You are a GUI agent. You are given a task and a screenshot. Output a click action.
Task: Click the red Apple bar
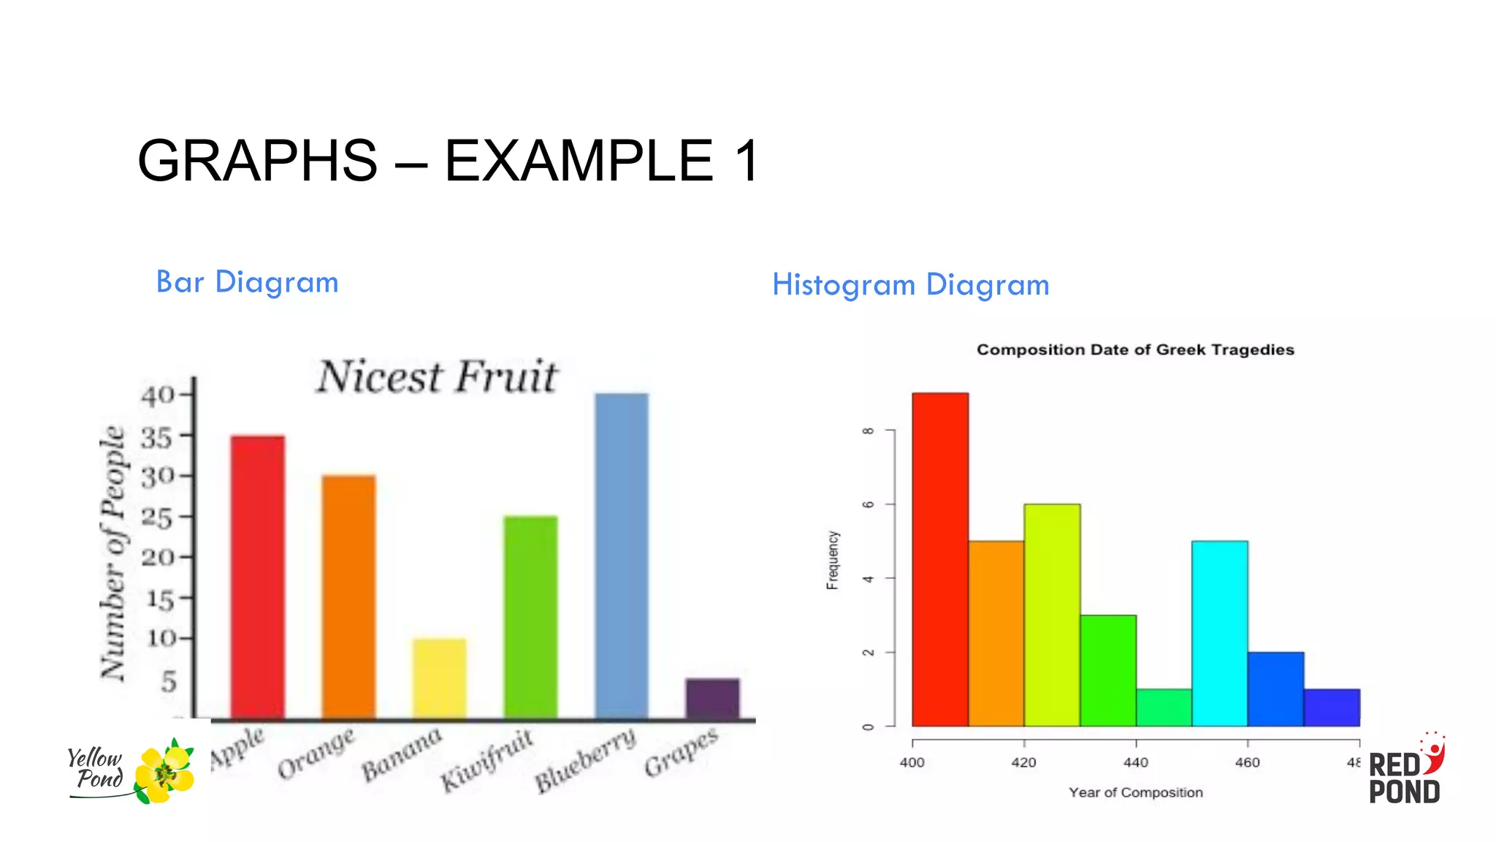click(x=258, y=577)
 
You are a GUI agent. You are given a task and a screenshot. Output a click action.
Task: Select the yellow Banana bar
click(x=439, y=678)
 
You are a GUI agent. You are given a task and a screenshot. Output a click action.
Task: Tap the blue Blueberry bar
click(x=622, y=555)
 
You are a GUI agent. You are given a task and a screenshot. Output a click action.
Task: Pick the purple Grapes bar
click(x=712, y=699)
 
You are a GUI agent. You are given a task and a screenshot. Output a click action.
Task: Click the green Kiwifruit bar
click(x=530, y=617)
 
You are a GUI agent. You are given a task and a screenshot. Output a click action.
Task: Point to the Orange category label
click(x=316, y=753)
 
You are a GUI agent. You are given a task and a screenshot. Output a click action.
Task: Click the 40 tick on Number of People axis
click(x=158, y=395)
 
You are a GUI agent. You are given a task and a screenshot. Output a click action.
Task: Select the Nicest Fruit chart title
click(x=437, y=377)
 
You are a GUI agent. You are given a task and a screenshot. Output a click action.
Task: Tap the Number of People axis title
click(x=112, y=553)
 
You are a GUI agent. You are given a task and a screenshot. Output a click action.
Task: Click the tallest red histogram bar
click(x=940, y=559)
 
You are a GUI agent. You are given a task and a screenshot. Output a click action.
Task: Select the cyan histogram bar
click(x=1219, y=633)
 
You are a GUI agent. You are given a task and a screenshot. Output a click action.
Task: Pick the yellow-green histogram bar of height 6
click(x=1052, y=615)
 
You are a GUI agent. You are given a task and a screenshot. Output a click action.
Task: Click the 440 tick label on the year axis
click(x=1135, y=762)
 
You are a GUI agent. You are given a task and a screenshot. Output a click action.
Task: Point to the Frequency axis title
click(x=833, y=560)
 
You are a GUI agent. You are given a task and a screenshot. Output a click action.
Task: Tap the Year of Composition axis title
click(x=1135, y=792)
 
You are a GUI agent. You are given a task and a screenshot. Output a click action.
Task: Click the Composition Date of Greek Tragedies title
click(x=1135, y=350)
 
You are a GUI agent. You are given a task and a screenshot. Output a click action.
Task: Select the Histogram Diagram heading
click(x=911, y=285)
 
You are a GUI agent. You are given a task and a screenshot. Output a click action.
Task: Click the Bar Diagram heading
click(x=248, y=282)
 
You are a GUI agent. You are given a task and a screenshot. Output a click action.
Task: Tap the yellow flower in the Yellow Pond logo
click(x=166, y=772)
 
